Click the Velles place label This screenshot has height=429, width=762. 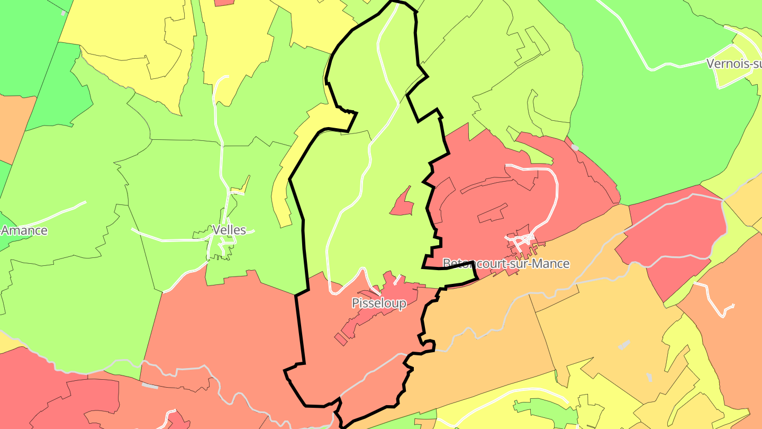(229, 230)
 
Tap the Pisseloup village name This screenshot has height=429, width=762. (379, 303)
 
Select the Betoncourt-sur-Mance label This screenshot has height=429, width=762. (505, 263)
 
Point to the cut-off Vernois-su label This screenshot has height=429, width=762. (733, 64)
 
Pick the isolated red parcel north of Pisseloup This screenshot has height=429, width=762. (403, 204)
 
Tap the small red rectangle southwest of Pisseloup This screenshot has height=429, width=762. (341, 339)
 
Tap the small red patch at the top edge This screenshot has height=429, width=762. (224, 2)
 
